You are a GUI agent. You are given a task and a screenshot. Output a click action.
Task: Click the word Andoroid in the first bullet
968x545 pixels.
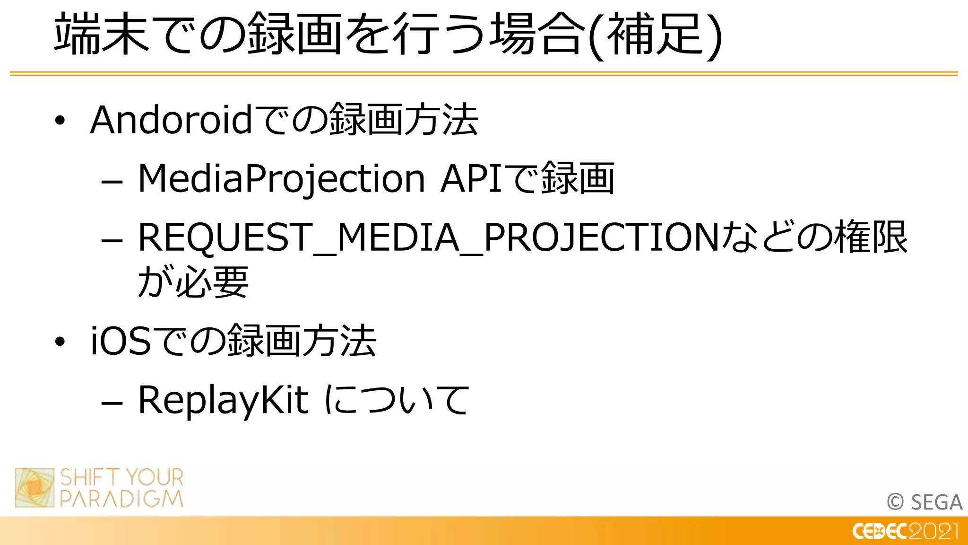pos(172,120)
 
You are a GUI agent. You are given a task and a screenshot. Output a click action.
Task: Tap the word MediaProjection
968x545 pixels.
pos(281,179)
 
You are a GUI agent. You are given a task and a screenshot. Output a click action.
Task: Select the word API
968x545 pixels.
pos(471,179)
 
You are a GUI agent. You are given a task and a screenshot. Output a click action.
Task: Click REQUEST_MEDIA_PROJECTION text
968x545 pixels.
pos(428,237)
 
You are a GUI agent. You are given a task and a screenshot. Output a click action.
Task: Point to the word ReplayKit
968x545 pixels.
pos(223,400)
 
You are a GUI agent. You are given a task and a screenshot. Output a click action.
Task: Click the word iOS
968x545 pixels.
pos(121,341)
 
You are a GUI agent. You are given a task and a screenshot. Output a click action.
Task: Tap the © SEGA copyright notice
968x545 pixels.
pos(925,502)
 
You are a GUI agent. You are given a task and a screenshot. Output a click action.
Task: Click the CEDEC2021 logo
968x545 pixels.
pos(905,531)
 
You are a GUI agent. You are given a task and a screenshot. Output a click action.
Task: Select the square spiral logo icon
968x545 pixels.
pos(35,488)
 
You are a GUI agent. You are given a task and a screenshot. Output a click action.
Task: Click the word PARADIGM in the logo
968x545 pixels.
pos(121,499)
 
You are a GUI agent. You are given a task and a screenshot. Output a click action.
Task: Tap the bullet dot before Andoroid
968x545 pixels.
pos(60,121)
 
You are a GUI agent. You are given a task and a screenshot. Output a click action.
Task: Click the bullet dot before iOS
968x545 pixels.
pos(60,342)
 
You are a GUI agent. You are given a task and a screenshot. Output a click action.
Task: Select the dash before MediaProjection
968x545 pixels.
pos(112,181)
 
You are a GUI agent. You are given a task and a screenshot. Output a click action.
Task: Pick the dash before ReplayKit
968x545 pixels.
pos(112,403)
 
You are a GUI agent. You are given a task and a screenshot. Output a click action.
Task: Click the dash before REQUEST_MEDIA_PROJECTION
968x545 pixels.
pos(112,240)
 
